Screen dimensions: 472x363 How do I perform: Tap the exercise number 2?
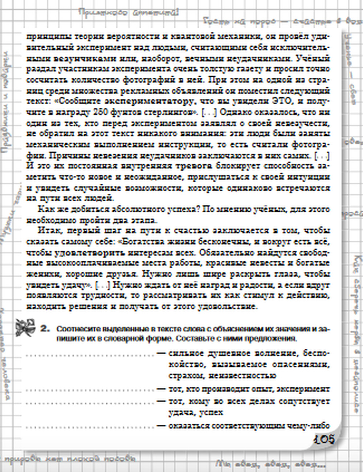coord(45,329)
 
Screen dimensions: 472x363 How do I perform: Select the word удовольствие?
coord(227,306)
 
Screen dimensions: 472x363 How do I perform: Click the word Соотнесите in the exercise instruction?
coord(76,329)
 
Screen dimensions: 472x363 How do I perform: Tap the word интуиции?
coord(309,177)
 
